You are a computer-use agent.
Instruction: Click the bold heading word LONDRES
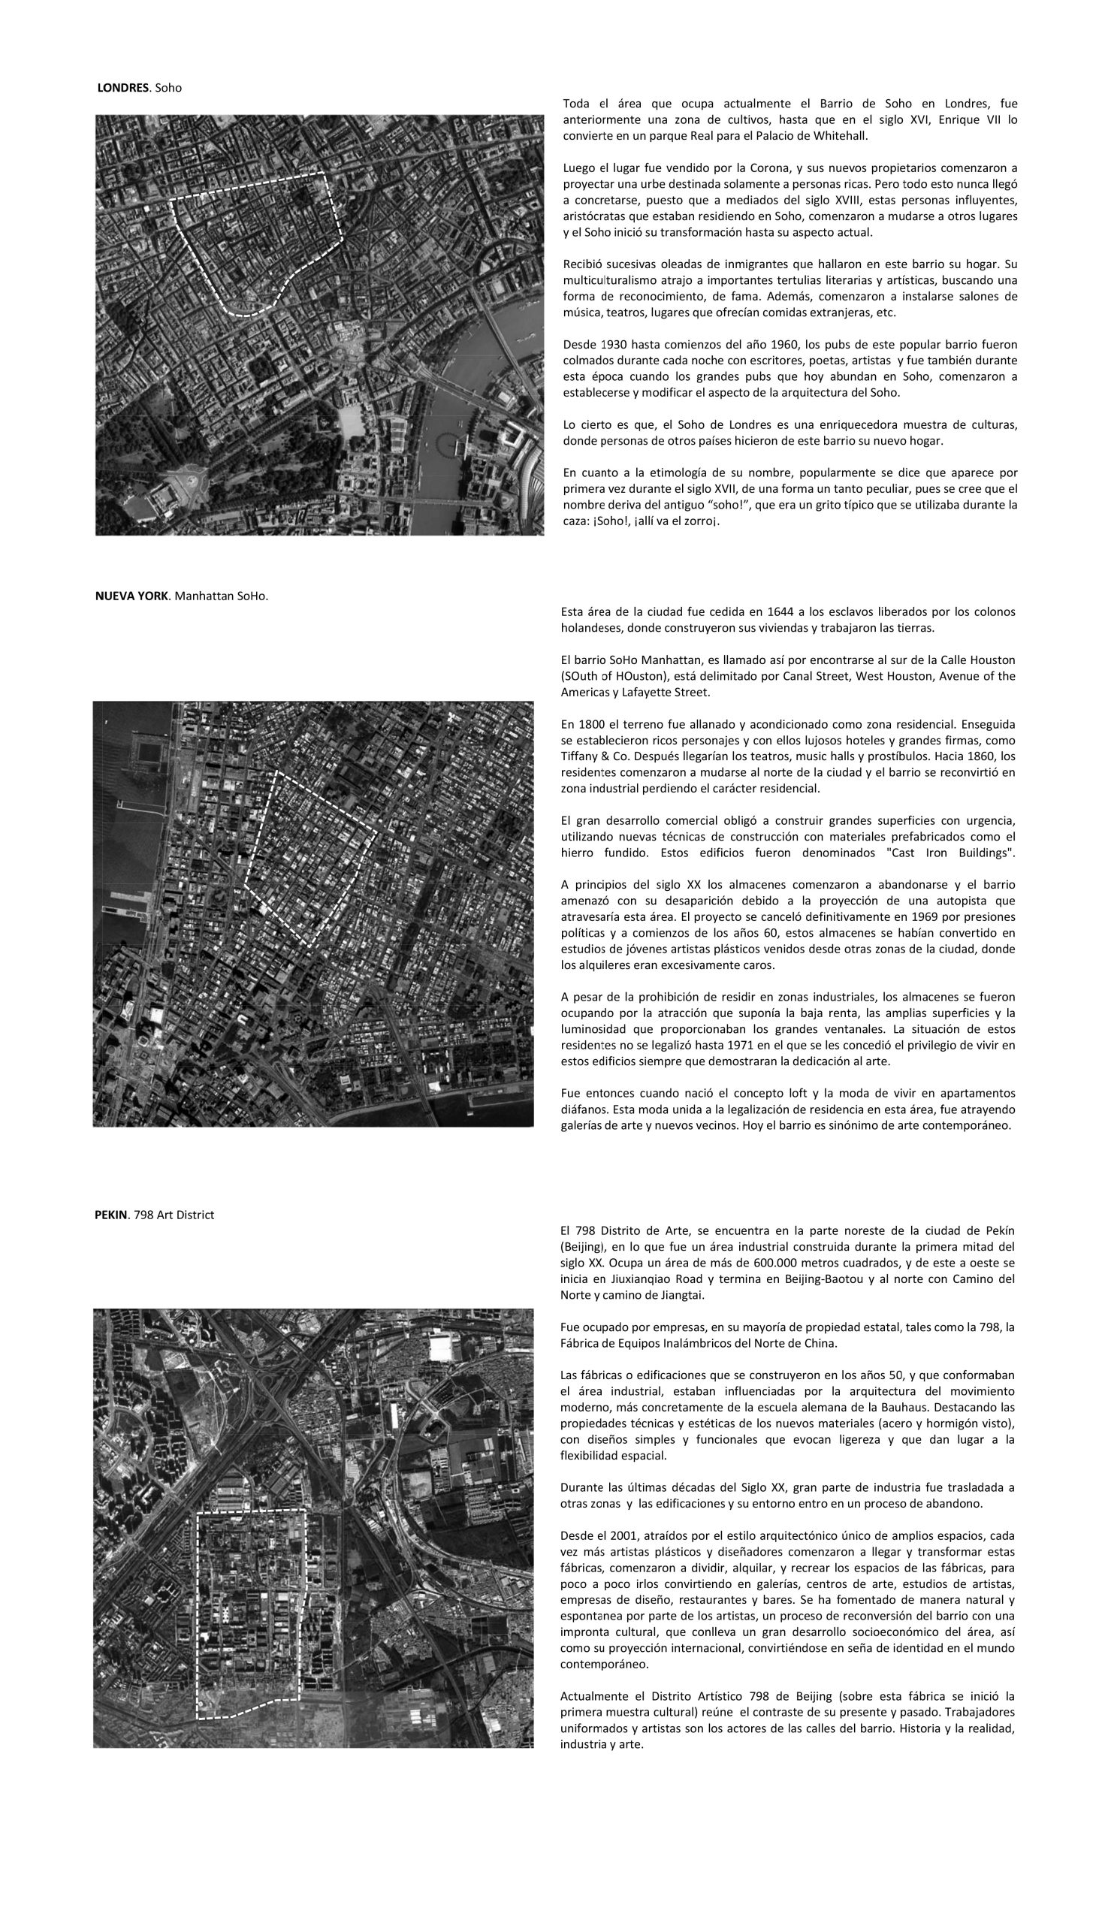click(x=122, y=88)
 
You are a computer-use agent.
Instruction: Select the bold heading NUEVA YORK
click(x=131, y=596)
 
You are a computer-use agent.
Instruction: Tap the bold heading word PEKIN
click(x=112, y=1215)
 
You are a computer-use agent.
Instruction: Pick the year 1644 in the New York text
click(x=782, y=611)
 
